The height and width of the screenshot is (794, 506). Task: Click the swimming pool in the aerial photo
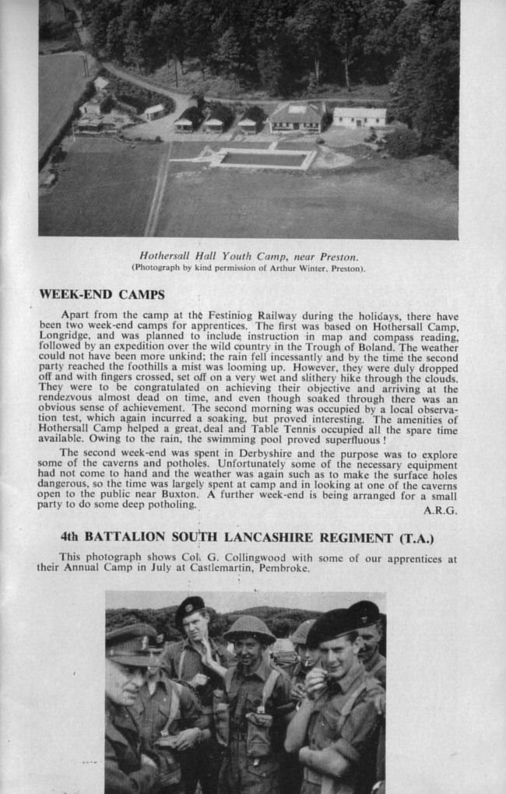click(264, 159)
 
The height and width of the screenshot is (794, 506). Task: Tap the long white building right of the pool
click(359, 116)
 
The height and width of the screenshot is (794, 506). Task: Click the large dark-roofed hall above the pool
click(297, 117)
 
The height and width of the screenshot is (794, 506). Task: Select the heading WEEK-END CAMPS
click(101, 295)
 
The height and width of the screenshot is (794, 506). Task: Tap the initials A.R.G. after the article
click(440, 511)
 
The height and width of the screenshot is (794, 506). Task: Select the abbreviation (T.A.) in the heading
click(416, 538)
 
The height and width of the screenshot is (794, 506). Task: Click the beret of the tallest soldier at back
click(189, 605)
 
